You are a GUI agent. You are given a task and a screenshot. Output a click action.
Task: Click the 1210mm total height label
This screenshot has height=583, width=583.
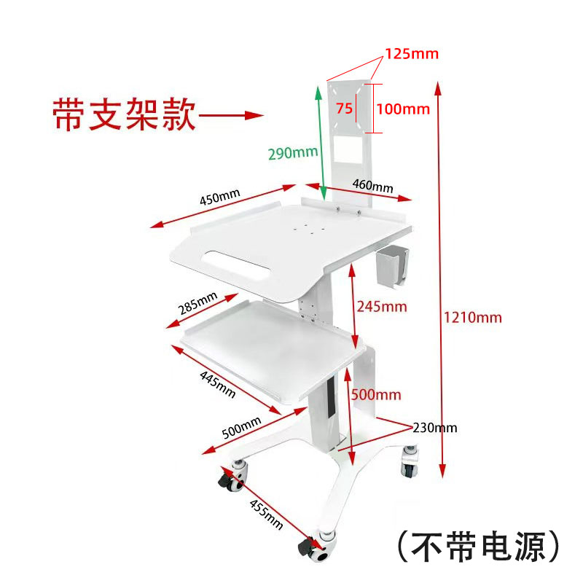[x=472, y=318]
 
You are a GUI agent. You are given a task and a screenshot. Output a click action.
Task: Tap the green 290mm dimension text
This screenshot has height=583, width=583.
[x=293, y=152]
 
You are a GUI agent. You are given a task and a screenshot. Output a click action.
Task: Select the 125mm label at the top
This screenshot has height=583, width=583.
[x=412, y=54]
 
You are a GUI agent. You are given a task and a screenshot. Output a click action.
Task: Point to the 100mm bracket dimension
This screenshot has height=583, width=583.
[x=403, y=109]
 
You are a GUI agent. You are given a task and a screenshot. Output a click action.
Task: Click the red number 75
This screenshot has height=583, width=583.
[x=344, y=108]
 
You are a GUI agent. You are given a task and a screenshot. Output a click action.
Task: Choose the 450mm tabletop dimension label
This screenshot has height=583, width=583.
[x=220, y=197]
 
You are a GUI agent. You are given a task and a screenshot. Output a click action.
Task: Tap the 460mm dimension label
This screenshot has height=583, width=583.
[x=372, y=185]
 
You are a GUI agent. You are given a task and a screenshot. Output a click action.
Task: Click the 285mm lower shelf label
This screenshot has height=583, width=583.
[x=197, y=303]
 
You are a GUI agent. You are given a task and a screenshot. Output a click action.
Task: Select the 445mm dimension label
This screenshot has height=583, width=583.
[x=217, y=385]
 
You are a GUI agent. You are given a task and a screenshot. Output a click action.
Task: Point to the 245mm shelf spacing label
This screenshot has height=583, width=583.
[x=382, y=307]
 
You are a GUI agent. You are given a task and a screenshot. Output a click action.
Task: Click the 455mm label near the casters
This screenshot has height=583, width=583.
[x=266, y=514]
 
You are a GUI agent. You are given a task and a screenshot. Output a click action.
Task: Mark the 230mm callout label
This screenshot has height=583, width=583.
[x=435, y=428]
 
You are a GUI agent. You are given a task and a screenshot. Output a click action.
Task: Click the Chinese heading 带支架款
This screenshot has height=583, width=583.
[x=124, y=114]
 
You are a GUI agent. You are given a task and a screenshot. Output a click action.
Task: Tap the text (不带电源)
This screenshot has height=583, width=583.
[x=479, y=546]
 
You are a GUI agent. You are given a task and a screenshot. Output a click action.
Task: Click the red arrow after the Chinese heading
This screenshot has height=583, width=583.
[x=231, y=115]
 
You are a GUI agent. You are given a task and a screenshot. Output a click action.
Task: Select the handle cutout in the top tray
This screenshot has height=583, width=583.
[x=235, y=265]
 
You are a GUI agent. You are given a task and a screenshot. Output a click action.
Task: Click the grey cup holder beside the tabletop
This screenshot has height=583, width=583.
[x=391, y=266]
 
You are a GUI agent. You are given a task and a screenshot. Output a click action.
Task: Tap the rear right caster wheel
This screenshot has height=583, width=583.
[x=410, y=462]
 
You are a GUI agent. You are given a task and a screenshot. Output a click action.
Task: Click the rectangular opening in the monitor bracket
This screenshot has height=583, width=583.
[x=348, y=149]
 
